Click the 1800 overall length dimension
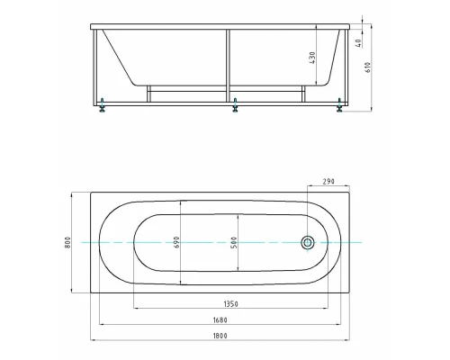220,336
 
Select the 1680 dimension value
220,320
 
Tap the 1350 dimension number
231,304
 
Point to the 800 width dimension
67,242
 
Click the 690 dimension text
176,242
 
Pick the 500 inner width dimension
234,242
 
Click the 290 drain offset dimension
328,182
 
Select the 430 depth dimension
312,58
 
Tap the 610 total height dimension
368,67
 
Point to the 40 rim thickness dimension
358,42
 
